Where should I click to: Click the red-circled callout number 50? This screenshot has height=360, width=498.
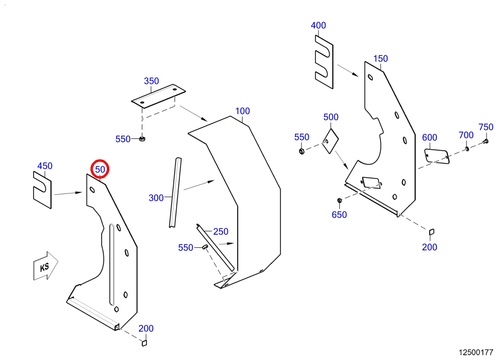click(100, 169)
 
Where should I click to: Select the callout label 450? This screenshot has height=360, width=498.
click(45, 166)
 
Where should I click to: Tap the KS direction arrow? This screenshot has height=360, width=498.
click(46, 266)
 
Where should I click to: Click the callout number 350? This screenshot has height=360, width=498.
click(151, 81)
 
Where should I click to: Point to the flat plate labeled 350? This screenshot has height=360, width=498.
click(158, 96)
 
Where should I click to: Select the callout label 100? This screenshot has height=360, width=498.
click(243, 111)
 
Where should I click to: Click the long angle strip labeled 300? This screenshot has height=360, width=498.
click(176, 193)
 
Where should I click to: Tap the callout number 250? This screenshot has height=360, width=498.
click(221, 232)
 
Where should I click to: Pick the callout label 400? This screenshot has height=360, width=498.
click(318, 25)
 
